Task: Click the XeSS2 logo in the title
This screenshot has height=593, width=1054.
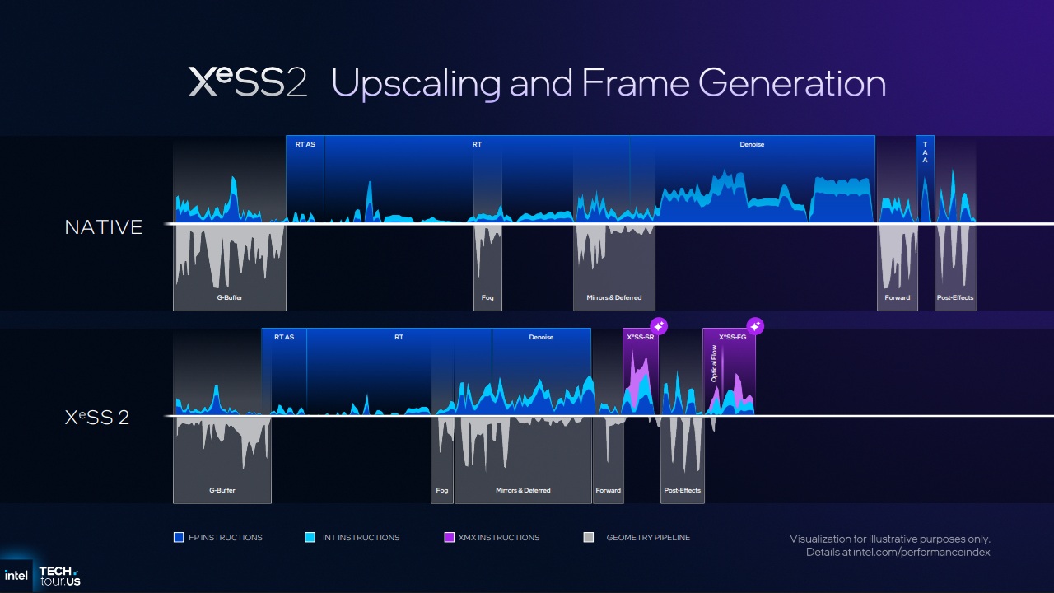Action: (x=247, y=82)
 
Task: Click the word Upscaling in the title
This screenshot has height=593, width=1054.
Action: (x=416, y=84)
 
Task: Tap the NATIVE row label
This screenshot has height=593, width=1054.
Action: (x=104, y=227)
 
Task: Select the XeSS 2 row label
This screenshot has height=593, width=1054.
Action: (x=97, y=418)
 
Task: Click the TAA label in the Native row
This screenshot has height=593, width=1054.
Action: (x=925, y=152)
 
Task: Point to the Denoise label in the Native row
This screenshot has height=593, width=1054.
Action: (x=752, y=145)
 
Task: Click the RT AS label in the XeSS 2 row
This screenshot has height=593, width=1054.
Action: (x=284, y=338)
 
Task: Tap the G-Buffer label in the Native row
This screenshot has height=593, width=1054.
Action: (x=229, y=297)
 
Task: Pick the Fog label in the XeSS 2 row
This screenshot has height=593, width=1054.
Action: (x=442, y=490)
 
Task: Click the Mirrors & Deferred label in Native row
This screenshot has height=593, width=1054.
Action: (x=614, y=297)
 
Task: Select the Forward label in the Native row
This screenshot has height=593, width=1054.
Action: (x=897, y=297)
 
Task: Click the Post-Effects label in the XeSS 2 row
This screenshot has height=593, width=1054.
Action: (x=682, y=490)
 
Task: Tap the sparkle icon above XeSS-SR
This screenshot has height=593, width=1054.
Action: (x=659, y=325)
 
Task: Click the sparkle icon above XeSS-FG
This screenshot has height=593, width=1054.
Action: (x=755, y=325)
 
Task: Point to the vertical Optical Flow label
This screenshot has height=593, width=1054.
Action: (x=714, y=363)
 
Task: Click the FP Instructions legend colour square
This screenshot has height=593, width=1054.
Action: (x=179, y=538)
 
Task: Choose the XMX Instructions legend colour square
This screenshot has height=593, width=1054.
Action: (x=449, y=538)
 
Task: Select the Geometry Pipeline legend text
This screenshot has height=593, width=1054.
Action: (x=648, y=538)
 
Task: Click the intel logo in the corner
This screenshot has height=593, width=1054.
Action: (x=16, y=575)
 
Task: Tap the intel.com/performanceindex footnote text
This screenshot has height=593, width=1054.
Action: (x=898, y=553)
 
